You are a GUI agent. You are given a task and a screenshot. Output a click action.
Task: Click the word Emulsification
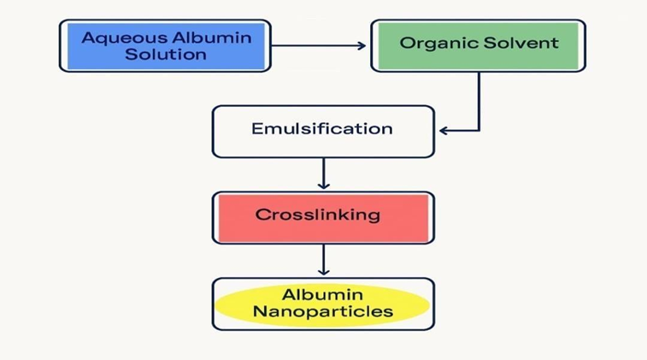point(322,129)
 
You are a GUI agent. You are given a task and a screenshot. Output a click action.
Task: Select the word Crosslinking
point(317,214)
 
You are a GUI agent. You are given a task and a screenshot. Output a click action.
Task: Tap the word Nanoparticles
point(322,311)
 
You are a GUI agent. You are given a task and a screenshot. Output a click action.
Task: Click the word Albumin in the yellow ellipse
point(323,294)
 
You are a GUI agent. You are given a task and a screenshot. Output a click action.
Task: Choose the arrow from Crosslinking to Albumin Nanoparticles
point(323,259)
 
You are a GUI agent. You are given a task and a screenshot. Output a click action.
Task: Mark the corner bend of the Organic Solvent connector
point(479,131)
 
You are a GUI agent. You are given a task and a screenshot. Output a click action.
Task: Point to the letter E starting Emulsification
point(256,129)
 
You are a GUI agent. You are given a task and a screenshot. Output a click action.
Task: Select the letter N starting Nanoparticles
point(258,311)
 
